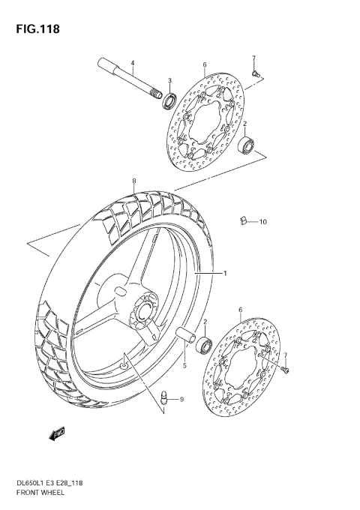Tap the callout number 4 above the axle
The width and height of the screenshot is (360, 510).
coord(132,62)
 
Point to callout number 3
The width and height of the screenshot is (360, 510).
coord(169,81)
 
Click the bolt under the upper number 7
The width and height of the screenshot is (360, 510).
coord(256,72)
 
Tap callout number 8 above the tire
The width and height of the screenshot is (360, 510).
coord(133,181)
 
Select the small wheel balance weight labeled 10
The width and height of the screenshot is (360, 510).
coord(244,220)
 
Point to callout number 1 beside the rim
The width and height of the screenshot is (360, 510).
coord(224,274)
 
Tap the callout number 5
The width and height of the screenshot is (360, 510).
coord(184,366)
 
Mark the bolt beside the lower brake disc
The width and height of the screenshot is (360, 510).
coord(285,367)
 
